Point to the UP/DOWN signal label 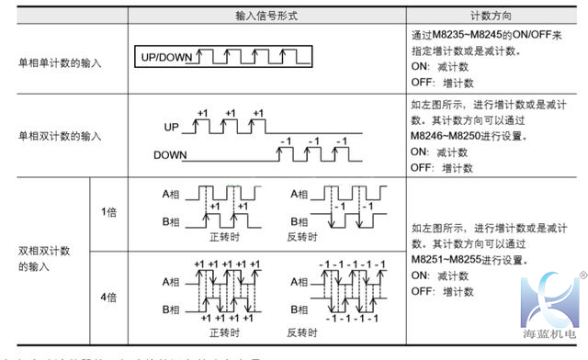pyautogui.click(x=165, y=57)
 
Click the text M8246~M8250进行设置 pyautogui.click(x=460, y=136)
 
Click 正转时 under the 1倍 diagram pyautogui.click(x=223, y=236)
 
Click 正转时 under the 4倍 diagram pyautogui.click(x=223, y=332)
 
